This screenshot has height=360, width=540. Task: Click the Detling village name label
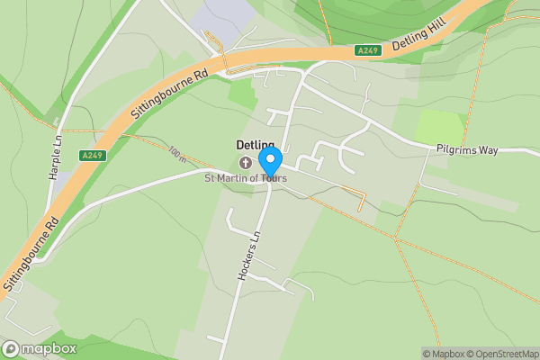[x=255, y=145]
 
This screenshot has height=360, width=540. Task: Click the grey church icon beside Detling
[x=246, y=162]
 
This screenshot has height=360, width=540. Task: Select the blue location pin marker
[x=270, y=161]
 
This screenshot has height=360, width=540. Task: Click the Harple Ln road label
[x=53, y=157]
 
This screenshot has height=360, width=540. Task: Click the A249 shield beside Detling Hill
[x=367, y=50]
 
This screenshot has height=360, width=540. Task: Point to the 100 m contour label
[x=175, y=155]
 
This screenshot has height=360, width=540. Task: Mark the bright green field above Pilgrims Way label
[x=440, y=127]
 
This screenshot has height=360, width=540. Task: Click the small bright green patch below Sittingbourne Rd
[x=241, y=94]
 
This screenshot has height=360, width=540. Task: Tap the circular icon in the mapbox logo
[x=11, y=349]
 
